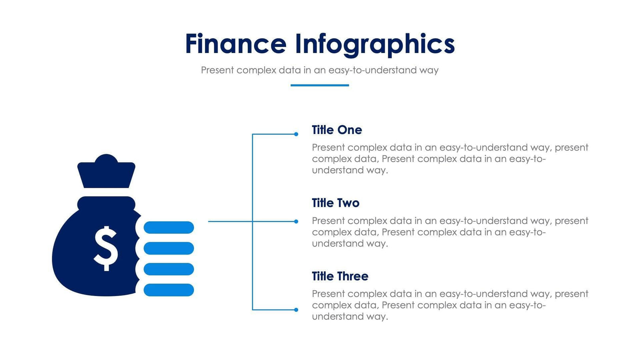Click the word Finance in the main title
[235, 44]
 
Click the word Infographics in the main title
[375, 44]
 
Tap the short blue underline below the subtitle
[319, 85]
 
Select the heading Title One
[337, 130]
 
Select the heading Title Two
[335, 203]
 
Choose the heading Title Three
[340, 276]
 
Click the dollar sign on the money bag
[105, 248]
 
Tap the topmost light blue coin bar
[169, 228]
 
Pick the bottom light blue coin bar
[169, 290]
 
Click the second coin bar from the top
[169, 249]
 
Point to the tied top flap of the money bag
[106, 172]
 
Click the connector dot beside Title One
[296, 134]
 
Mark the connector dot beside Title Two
[296, 222]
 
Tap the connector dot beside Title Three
[296, 310]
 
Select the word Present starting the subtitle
[217, 70]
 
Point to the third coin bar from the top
[169, 269]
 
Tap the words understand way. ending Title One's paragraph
[350, 170]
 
